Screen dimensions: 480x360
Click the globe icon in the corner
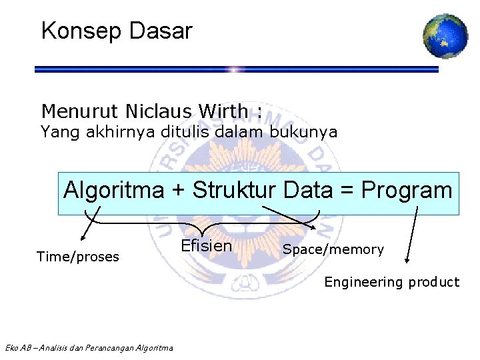pos(445,35)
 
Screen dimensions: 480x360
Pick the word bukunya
pos(303,132)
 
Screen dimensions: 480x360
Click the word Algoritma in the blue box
pos(113,191)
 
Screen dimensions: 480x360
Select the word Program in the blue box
pos(407,191)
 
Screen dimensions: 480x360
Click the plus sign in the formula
pos(179,191)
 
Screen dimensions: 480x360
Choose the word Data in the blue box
pos(307,191)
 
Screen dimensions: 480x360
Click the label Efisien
pos(207,246)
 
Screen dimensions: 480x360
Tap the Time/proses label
pos(78,257)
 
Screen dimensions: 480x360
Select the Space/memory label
pos(333,250)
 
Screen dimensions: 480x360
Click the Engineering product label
pos(391,282)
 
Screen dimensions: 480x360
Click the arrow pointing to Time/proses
pos(89,223)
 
